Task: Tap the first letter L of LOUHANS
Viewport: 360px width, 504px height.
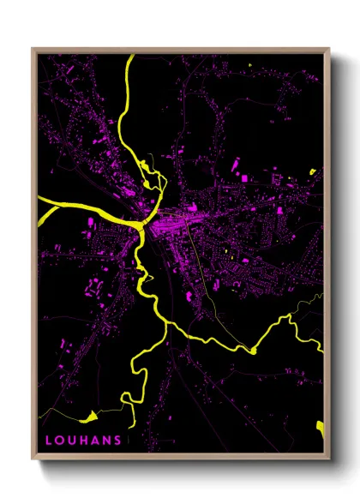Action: (49, 439)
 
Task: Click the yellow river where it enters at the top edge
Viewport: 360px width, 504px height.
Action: (130, 58)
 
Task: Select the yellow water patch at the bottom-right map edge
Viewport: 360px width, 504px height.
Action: (321, 426)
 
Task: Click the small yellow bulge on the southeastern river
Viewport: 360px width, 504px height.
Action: (254, 350)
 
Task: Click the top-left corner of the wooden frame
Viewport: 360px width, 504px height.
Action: (33, 50)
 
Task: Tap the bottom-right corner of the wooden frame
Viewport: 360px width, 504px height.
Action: (328, 455)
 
